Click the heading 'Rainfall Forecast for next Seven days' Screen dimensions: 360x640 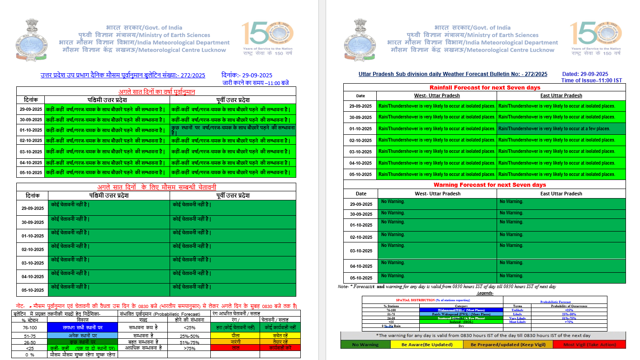(484, 87)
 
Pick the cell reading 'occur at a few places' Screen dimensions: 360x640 (561, 129)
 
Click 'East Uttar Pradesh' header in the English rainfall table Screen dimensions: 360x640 (561, 96)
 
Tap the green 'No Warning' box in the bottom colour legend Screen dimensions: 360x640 (365, 345)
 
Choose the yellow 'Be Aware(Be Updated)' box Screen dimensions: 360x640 (427, 345)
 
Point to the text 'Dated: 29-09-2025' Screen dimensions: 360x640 (585, 74)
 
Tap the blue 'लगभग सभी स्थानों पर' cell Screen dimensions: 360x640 (82, 327)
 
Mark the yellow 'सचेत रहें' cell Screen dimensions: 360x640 (280, 336)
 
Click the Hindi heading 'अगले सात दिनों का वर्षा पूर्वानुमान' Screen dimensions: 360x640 (156, 92)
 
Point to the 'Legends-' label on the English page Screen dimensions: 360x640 (485, 293)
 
